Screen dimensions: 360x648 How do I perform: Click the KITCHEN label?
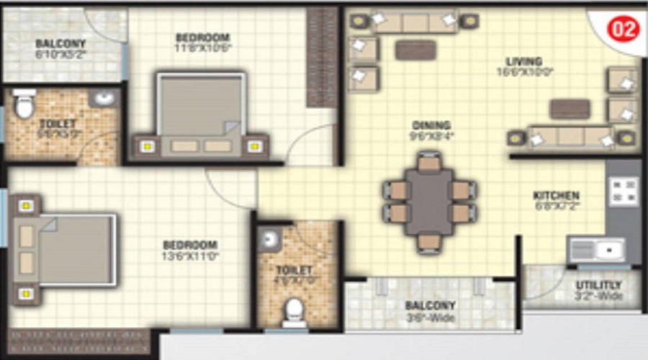coord(556,195)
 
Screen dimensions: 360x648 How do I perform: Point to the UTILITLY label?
coord(598,284)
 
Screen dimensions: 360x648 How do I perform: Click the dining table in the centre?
coord(429,202)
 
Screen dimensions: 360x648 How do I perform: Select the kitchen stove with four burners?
coord(624,192)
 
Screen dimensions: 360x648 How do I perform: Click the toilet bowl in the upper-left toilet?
coord(24,106)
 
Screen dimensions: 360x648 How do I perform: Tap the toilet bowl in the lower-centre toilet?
coord(294,312)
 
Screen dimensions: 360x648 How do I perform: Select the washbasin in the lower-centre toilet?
coord(270,240)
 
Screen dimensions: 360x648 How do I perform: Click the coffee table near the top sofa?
coord(415,50)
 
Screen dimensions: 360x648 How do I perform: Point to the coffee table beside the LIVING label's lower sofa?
coord(570,109)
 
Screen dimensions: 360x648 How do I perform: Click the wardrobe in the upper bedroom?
coord(322,58)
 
